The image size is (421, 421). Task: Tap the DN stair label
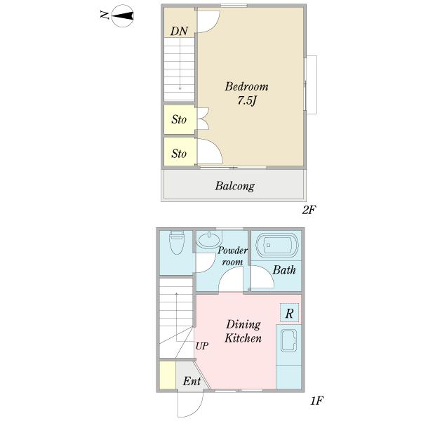179,31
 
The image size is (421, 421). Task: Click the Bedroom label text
246,86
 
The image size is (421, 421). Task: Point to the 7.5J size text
247,100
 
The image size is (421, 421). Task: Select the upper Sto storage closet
180,119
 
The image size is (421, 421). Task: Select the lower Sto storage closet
180,152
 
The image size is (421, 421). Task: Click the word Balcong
235,186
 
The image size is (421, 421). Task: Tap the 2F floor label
309,210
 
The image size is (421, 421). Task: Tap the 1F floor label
317,401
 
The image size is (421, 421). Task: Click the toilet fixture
177,242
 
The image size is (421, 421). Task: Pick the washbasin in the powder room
209,239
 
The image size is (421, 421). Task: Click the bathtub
277,245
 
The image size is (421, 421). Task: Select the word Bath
284,270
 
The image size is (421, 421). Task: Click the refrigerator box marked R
289,313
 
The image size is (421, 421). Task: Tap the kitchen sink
288,340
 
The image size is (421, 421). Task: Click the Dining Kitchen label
243,331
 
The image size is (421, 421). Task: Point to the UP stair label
202,347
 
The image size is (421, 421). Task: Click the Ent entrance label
192,381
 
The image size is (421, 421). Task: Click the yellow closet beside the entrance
168,375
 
